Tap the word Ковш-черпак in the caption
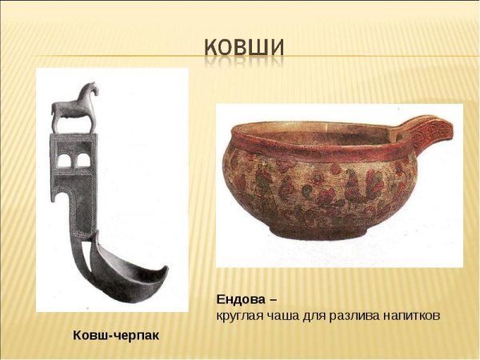(x=117, y=334)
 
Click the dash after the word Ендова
(x=273, y=300)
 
